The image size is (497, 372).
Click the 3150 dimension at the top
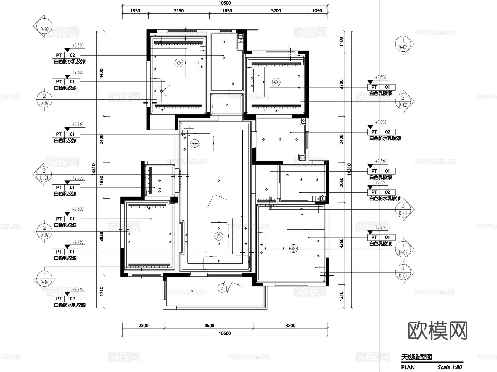(179, 11)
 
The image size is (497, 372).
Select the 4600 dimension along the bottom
(209, 326)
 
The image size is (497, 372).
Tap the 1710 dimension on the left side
(101, 292)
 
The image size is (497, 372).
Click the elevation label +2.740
(78, 125)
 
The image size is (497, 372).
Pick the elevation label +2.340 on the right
(380, 161)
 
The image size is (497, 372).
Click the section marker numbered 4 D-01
(403, 272)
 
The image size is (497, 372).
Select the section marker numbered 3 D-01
(403, 209)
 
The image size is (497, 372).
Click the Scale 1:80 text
(450, 367)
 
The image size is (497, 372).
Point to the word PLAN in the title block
(408, 367)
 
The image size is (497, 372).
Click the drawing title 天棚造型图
(417, 357)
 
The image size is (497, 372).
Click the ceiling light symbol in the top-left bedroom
(179, 63)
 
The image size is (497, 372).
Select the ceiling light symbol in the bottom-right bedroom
(293, 249)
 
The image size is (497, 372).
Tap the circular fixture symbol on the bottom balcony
(222, 288)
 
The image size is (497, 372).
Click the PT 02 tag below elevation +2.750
(66, 299)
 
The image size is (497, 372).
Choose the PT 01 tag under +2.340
(381, 171)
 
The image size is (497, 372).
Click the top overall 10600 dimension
(224, 3)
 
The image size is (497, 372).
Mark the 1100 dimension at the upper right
(342, 41)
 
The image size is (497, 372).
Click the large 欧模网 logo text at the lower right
(437, 330)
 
